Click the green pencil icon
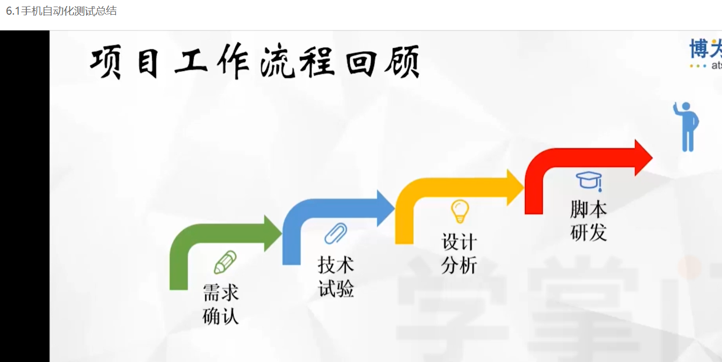click(x=225, y=262)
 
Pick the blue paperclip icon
click(x=336, y=234)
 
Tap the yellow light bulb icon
click(x=460, y=211)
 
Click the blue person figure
click(x=687, y=127)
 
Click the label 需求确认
click(x=221, y=304)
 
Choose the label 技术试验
click(x=336, y=277)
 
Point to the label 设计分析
click(x=459, y=254)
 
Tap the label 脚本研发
click(x=588, y=221)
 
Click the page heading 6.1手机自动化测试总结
click(x=61, y=11)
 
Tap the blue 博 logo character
click(x=699, y=50)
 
